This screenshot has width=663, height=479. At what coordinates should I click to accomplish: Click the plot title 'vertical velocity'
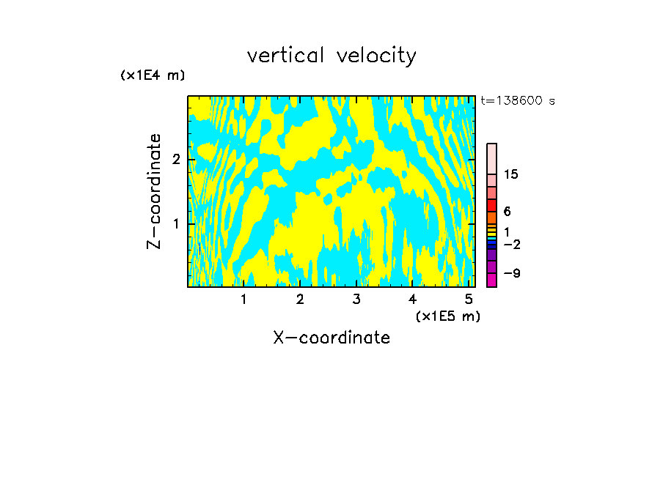coord(331,56)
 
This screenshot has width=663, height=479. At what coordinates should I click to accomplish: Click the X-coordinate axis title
coord(331,338)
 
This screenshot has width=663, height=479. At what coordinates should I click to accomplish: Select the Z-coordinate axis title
coord(154,191)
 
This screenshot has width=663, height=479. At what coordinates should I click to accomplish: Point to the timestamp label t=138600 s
coord(518,101)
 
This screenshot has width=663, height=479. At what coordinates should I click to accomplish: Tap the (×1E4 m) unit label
coord(153,75)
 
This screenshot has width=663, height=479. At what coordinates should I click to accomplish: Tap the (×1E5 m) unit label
coord(447,316)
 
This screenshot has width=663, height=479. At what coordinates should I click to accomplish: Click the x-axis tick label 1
coord(243,299)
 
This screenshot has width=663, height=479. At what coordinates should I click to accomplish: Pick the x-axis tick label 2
coord(300,299)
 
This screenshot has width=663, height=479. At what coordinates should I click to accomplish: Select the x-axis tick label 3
coord(356,299)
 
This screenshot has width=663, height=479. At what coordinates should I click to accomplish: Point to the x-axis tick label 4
coord(413,299)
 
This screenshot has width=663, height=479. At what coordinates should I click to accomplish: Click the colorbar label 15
coord(512,174)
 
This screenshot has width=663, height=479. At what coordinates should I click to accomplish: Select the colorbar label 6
coord(507,212)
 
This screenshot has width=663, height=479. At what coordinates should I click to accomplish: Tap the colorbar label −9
coord(511,273)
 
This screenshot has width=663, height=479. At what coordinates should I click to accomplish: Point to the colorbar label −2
coord(511,244)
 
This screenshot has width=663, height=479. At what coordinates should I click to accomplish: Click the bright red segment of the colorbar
coord(492,205)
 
